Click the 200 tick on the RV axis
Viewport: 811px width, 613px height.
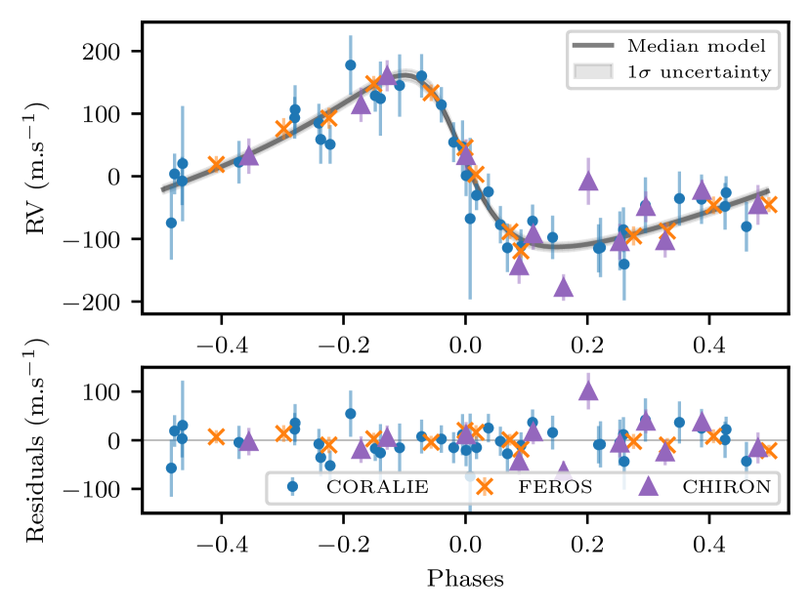(117, 51)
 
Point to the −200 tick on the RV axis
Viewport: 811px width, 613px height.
(110, 302)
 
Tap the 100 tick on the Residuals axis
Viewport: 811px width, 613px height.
(117, 391)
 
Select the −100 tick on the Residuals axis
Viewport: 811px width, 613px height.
(110, 489)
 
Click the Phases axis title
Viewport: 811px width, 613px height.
(465, 579)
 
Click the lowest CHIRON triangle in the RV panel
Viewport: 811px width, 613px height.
(563, 286)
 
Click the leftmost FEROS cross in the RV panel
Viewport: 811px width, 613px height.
(216, 164)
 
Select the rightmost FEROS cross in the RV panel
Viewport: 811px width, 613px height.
(769, 203)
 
